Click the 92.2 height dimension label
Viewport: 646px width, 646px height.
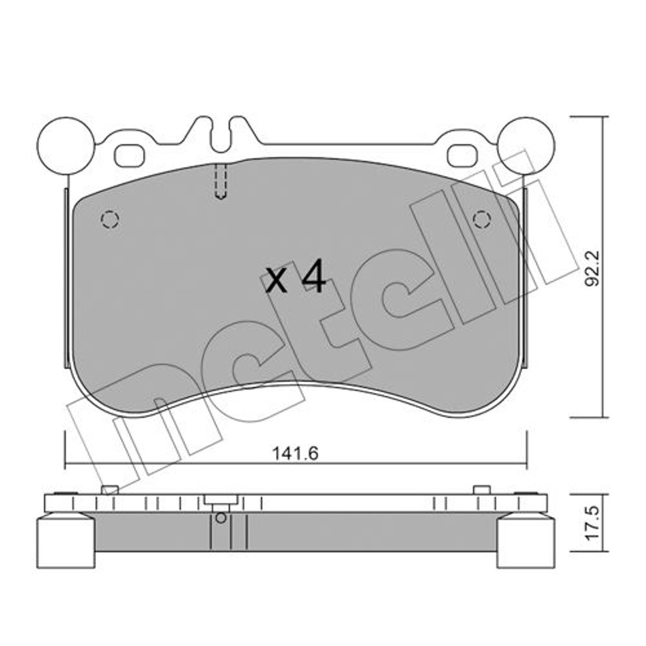coord(593,268)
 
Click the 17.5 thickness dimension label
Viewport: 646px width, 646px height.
coord(593,523)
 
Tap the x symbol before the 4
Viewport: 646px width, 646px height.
coord(276,281)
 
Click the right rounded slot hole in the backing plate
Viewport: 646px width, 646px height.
coord(462,156)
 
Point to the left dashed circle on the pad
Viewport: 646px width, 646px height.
coord(110,219)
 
